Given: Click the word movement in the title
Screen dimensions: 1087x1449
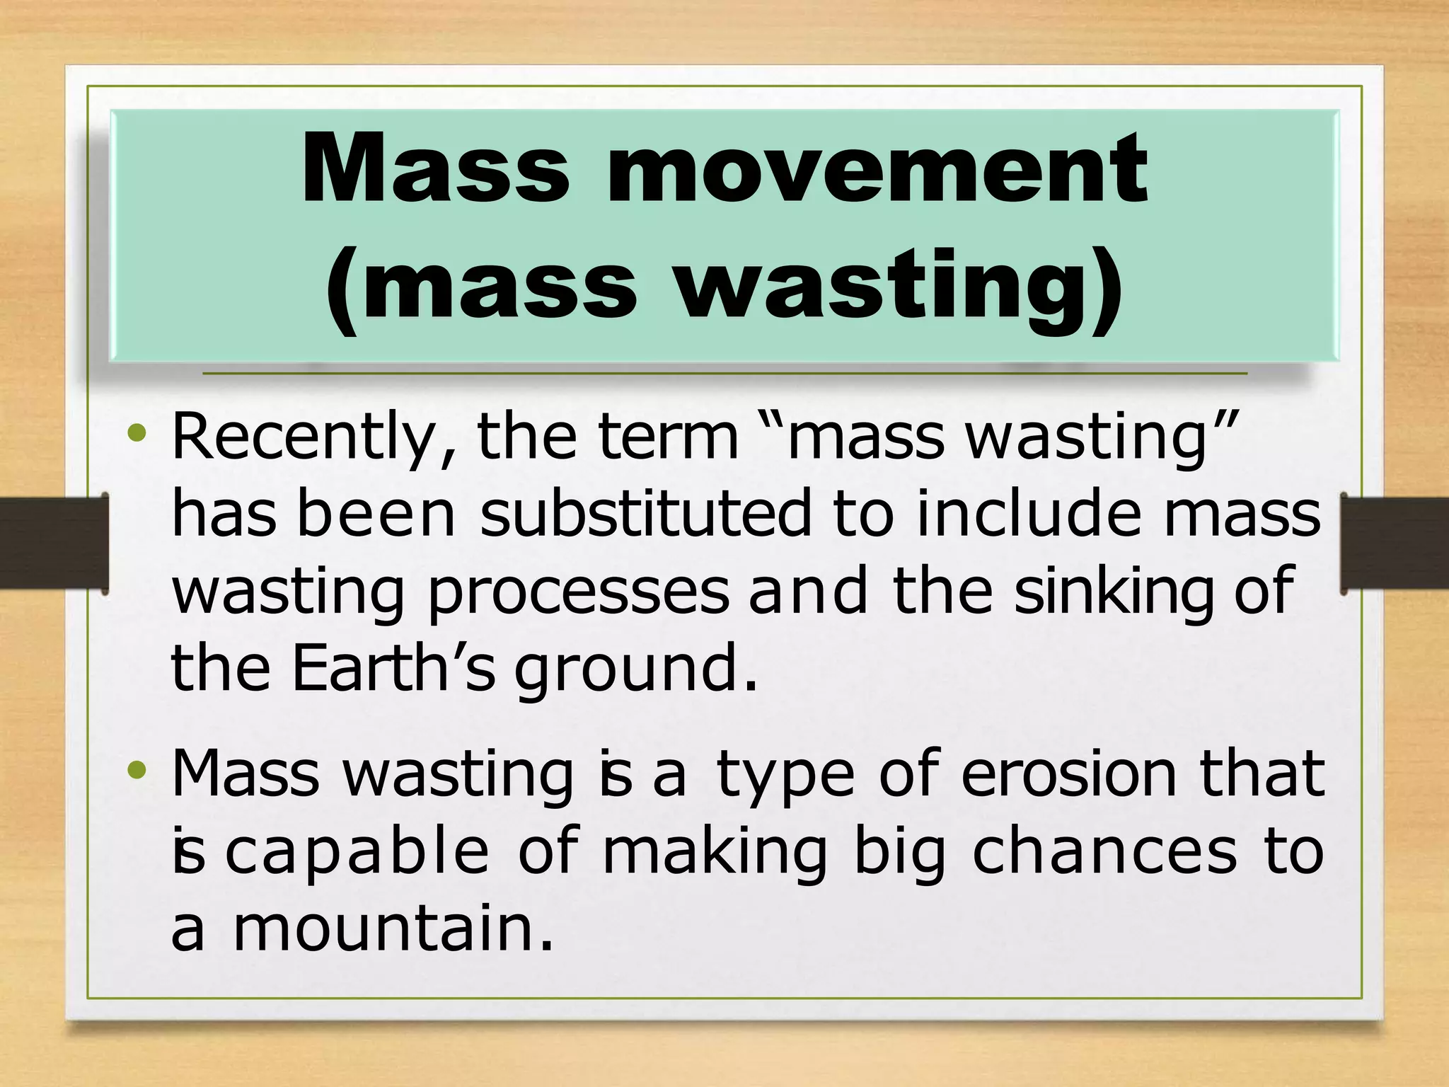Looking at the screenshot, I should pyautogui.click(x=877, y=170).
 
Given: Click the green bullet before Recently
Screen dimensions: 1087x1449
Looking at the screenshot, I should pyautogui.click(x=138, y=432).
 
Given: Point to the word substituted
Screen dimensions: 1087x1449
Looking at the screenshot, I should pyautogui.click(x=645, y=514).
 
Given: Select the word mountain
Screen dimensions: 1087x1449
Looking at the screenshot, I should pyautogui.click(x=393, y=928).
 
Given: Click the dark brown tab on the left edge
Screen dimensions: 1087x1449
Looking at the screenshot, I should pyautogui.click(x=53, y=543).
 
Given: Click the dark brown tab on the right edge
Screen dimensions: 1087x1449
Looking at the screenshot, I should pyautogui.click(x=1395, y=543).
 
